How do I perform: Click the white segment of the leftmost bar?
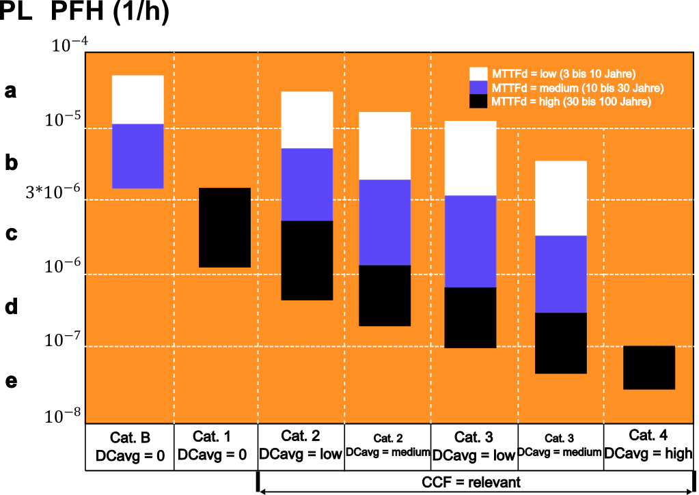(137, 100)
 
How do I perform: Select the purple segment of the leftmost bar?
(137, 156)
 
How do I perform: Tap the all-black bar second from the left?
(225, 227)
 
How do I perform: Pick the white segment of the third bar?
(307, 119)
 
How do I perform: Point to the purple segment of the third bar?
(307, 184)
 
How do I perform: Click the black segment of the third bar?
(307, 260)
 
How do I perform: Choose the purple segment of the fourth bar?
(385, 222)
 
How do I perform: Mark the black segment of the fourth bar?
(385, 296)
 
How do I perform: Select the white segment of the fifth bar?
(470, 158)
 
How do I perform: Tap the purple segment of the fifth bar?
(470, 241)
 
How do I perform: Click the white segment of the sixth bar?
(560, 198)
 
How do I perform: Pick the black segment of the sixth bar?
(560, 343)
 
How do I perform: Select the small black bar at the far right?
(649, 367)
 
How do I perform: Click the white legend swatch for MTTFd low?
(478, 74)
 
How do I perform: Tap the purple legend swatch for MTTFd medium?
(478, 87)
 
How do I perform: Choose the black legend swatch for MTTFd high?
(478, 101)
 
